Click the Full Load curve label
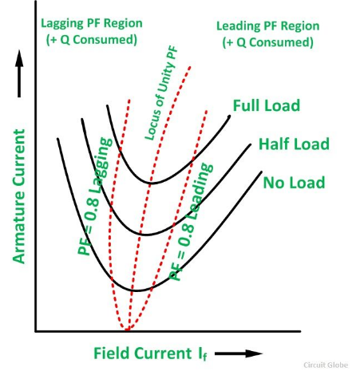(x=267, y=105)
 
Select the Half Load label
(x=294, y=144)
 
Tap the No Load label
(x=294, y=183)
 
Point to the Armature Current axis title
(x=19, y=196)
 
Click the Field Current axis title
(x=150, y=354)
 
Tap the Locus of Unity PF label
(x=161, y=93)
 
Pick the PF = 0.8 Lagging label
(x=95, y=196)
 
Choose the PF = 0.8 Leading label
(x=191, y=222)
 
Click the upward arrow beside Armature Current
(x=19, y=73)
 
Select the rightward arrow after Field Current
(x=239, y=353)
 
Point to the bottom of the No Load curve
(x=136, y=291)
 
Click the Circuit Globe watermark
(x=326, y=365)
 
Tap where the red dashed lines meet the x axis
(x=127, y=330)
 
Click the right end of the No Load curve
(x=262, y=172)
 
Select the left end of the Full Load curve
(x=107, y=105)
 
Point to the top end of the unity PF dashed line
(x=191, y=67)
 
